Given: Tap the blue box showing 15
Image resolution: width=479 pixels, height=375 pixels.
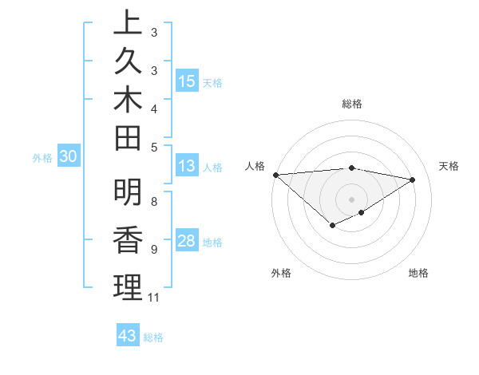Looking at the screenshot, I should pyautogui.click(x=187, y=81).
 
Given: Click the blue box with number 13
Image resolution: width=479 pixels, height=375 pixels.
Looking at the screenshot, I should pyautogui.click(x=187, y=166).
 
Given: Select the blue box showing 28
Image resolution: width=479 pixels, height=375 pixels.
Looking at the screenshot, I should pyautogui.click(x=187, y=241).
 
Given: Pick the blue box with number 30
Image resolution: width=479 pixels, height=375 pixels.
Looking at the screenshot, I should pyautogui.click(x=69, y=157).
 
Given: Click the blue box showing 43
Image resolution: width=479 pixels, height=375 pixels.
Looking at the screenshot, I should pyautogui.click(x=128, y=336).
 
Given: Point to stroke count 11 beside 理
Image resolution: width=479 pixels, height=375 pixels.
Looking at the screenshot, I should pyautogui.click(x=153, y=298).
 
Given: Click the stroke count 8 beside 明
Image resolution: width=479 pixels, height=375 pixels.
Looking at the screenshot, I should pyautogui.click(x=153, y=201).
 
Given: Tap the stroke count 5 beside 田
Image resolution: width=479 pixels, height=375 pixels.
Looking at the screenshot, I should pyautogui.click(x=153, y=146).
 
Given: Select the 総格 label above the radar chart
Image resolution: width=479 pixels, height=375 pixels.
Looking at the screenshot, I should pyautogui.click(x=352, y=104).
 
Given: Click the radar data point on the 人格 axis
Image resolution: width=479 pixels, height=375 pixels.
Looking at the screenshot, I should pyautogui.click(x=275, y=175).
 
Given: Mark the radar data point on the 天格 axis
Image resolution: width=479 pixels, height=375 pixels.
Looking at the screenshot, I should pyautogui.click(x=413, y=180).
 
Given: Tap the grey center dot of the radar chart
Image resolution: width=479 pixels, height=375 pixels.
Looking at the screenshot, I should pyautogui.click(x=352, y=199).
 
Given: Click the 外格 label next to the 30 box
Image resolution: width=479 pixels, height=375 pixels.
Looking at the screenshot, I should pyautogui.click(x=42, y=158).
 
